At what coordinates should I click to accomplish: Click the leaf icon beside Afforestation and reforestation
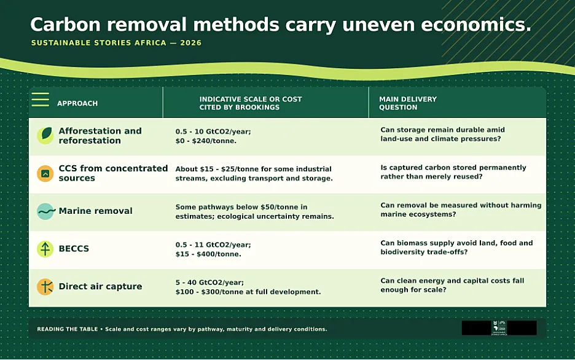coord(45,135)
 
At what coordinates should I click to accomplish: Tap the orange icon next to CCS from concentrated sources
coord(45,173)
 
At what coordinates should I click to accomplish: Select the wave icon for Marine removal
coord(46,211)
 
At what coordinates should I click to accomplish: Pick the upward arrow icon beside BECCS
coord(45,249)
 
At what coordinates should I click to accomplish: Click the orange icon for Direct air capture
coord(45,287)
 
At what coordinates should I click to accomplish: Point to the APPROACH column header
coord(77,103)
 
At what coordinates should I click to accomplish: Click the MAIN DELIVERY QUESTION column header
coord(408,103)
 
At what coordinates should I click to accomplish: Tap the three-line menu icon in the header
coord(41,100)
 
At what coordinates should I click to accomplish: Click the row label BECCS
coord(74,249)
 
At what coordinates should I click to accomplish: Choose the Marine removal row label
coord(95,211)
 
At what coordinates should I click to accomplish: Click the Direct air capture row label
coord(100,286)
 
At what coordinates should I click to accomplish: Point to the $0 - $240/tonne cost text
coord(206,141)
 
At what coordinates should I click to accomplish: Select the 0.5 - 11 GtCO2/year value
coord(213,245)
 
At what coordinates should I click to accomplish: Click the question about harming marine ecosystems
coord(461,209)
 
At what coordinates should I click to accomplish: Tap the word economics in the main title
coord(476,25)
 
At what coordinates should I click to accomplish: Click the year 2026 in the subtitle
coord(190,43)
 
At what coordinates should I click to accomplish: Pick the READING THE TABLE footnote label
coord(68,329)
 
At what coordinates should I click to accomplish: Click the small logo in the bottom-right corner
coord(499,327)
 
